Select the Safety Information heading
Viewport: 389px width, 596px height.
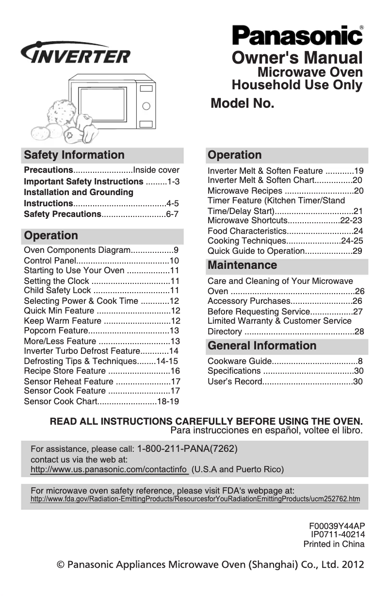pos(74,155)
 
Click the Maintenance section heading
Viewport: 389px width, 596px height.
pos(243,265)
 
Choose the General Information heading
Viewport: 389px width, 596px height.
pos(262,346)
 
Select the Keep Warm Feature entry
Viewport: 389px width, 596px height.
pos(63,321)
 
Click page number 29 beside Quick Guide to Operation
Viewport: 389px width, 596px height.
pos(357,251)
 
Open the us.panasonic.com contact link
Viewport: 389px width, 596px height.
pos(109,470)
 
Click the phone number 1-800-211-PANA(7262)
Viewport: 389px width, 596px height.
pos(188,448)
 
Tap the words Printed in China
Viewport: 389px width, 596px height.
pos(334,544)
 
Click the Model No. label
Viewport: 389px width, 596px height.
pos(243,104)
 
